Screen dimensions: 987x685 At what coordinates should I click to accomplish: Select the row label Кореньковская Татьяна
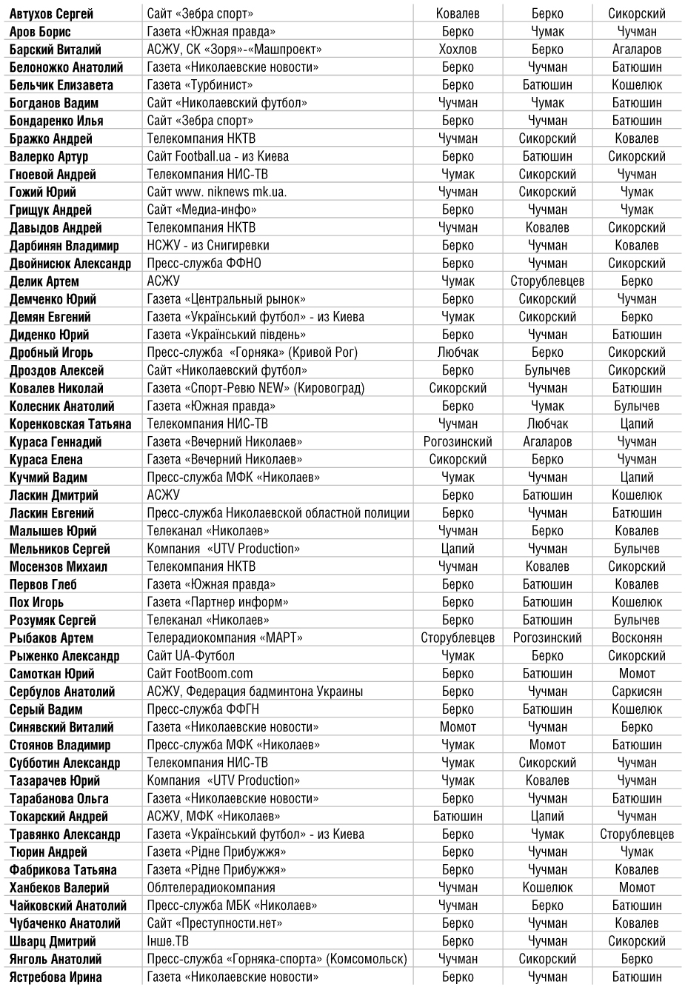point(70,424)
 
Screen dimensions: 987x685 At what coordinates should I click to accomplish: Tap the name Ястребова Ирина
point(56,977)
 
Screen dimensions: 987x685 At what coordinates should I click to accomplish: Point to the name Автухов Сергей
point(51,13)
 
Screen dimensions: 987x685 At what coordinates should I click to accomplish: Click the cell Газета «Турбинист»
point(200,85)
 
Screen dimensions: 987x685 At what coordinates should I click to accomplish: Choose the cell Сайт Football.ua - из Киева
point(218,156)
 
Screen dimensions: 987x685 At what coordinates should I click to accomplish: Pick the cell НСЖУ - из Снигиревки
point(208,245)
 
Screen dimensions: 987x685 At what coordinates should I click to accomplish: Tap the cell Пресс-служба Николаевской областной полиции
point(278,513)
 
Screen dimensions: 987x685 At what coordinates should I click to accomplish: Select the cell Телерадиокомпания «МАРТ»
point(224,638)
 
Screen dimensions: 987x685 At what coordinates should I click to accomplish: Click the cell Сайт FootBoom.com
point(200,674)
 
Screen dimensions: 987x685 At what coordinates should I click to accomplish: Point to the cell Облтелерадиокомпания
point(211,888)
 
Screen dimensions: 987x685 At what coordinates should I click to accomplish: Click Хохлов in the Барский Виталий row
point(458,50)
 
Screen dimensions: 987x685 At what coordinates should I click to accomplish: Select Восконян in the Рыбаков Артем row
point(637,638)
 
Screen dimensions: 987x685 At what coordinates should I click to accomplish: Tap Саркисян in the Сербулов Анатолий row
point(637,692)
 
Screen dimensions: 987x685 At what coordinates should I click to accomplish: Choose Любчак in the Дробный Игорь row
point(458,352)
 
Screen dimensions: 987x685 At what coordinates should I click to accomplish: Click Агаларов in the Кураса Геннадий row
point(547,442)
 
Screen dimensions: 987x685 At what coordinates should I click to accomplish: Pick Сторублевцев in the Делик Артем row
point(547,281)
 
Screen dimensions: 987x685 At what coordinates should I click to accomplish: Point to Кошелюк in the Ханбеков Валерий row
point(547,888)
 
